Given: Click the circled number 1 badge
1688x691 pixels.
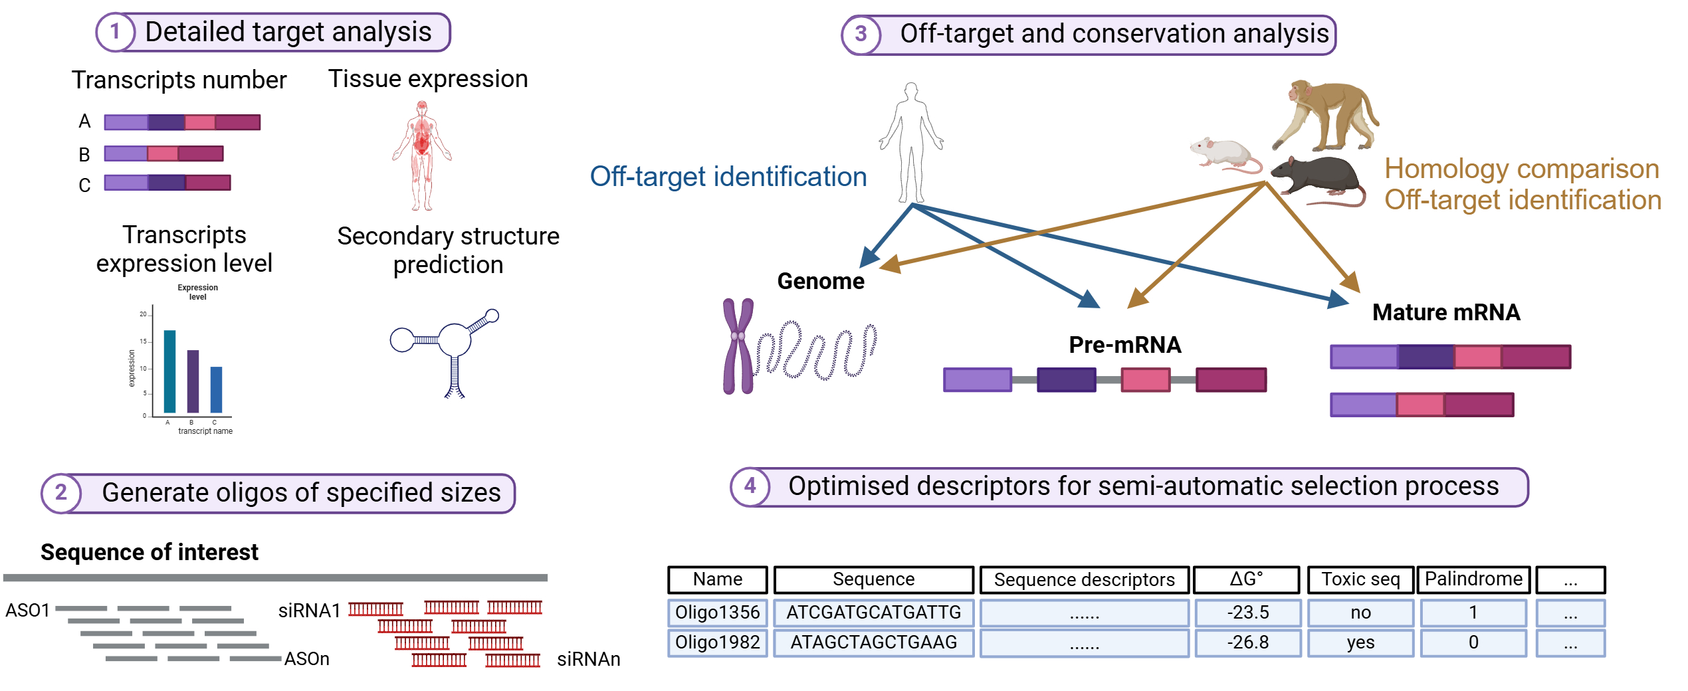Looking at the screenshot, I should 115,31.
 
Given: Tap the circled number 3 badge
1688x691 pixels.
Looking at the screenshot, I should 861,34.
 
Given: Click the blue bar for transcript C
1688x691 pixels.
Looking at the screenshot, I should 216,389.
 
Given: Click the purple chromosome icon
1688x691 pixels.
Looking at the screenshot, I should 738,345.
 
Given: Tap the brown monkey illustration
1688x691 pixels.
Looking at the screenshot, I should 1326,116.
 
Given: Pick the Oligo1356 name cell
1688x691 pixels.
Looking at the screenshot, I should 717,613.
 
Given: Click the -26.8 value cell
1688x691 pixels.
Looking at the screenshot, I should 1247,642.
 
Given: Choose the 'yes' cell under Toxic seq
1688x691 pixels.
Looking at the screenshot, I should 1360,642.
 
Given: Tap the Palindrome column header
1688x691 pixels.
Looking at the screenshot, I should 1473,579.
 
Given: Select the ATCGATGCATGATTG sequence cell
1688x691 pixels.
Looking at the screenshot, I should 873,613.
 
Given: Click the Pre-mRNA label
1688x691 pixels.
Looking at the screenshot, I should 1124,345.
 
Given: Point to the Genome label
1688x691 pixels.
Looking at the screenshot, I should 821,281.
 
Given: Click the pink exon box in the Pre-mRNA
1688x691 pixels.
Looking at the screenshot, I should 1145,380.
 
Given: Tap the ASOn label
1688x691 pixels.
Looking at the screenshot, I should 306,658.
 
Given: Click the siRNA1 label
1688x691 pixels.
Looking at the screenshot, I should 309,610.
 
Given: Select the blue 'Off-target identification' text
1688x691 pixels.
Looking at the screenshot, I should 728,177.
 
